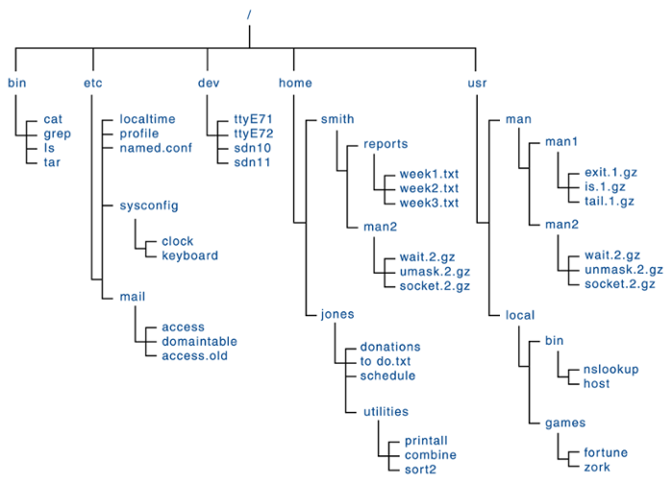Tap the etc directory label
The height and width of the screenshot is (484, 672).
93,83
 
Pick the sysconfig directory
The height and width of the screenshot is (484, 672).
149,206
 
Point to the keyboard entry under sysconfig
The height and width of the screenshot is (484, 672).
189,255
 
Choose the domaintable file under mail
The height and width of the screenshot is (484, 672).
199,341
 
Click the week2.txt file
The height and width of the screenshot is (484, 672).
429,190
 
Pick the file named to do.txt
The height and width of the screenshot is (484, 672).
386,360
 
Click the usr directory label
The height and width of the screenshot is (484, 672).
477,83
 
